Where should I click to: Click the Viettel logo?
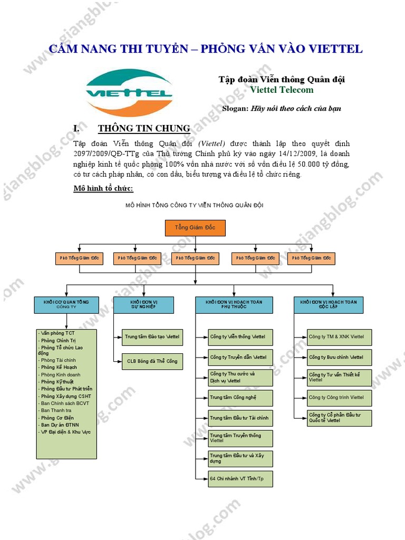tap(129, 93)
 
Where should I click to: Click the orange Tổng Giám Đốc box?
tap(195, 228)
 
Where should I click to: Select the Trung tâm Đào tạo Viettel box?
tap(152, 336)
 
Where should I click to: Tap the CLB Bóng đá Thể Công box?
tap(152, 361)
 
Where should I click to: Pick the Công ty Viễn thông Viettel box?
tap(240, 336)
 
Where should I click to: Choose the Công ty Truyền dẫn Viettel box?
tap(240, 357)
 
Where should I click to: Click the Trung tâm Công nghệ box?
tap(240, 398)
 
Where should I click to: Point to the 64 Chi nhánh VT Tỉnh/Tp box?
tap(240, 479)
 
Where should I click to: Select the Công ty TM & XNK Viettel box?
tap(340, 336)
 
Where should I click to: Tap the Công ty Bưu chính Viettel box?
tap(340, 357)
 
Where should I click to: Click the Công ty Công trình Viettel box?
tap(340, 397)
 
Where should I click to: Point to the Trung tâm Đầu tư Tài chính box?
tap(240, 418)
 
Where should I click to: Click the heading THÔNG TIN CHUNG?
tap(144, 128)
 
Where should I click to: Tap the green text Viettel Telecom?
tap(282, 90)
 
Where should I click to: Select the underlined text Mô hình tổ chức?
tap(103, 188)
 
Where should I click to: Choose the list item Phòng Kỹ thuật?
tap(59, 381)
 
